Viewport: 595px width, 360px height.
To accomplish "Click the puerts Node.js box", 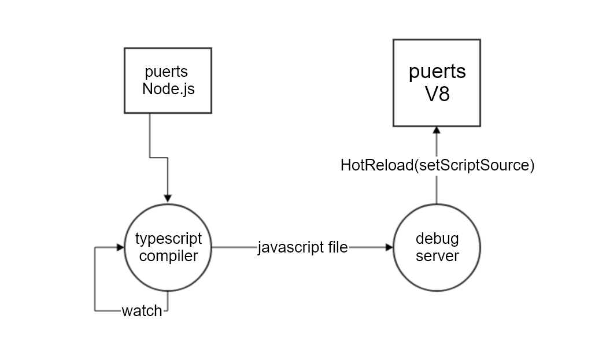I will click(x=168, y=80).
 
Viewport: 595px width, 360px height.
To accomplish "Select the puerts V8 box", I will click(x=437, y=83).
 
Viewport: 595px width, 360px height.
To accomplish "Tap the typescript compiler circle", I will click(x=168, y=247).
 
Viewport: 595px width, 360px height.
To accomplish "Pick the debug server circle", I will click(x=437, y=247).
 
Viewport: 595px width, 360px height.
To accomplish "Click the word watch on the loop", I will click(x=142, y=311).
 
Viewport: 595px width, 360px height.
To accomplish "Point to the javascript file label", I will click(x=302, y=248).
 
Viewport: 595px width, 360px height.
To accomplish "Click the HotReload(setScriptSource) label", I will click(x=437, y=166).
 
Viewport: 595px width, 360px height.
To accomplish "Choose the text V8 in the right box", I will click(x=437, y=94).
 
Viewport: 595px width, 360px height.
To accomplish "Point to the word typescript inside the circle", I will click(x=168, y=239).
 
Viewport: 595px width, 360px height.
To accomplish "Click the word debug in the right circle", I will click(x=437, y=239).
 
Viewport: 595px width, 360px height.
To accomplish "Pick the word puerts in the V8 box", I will click(x=437, y=72).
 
